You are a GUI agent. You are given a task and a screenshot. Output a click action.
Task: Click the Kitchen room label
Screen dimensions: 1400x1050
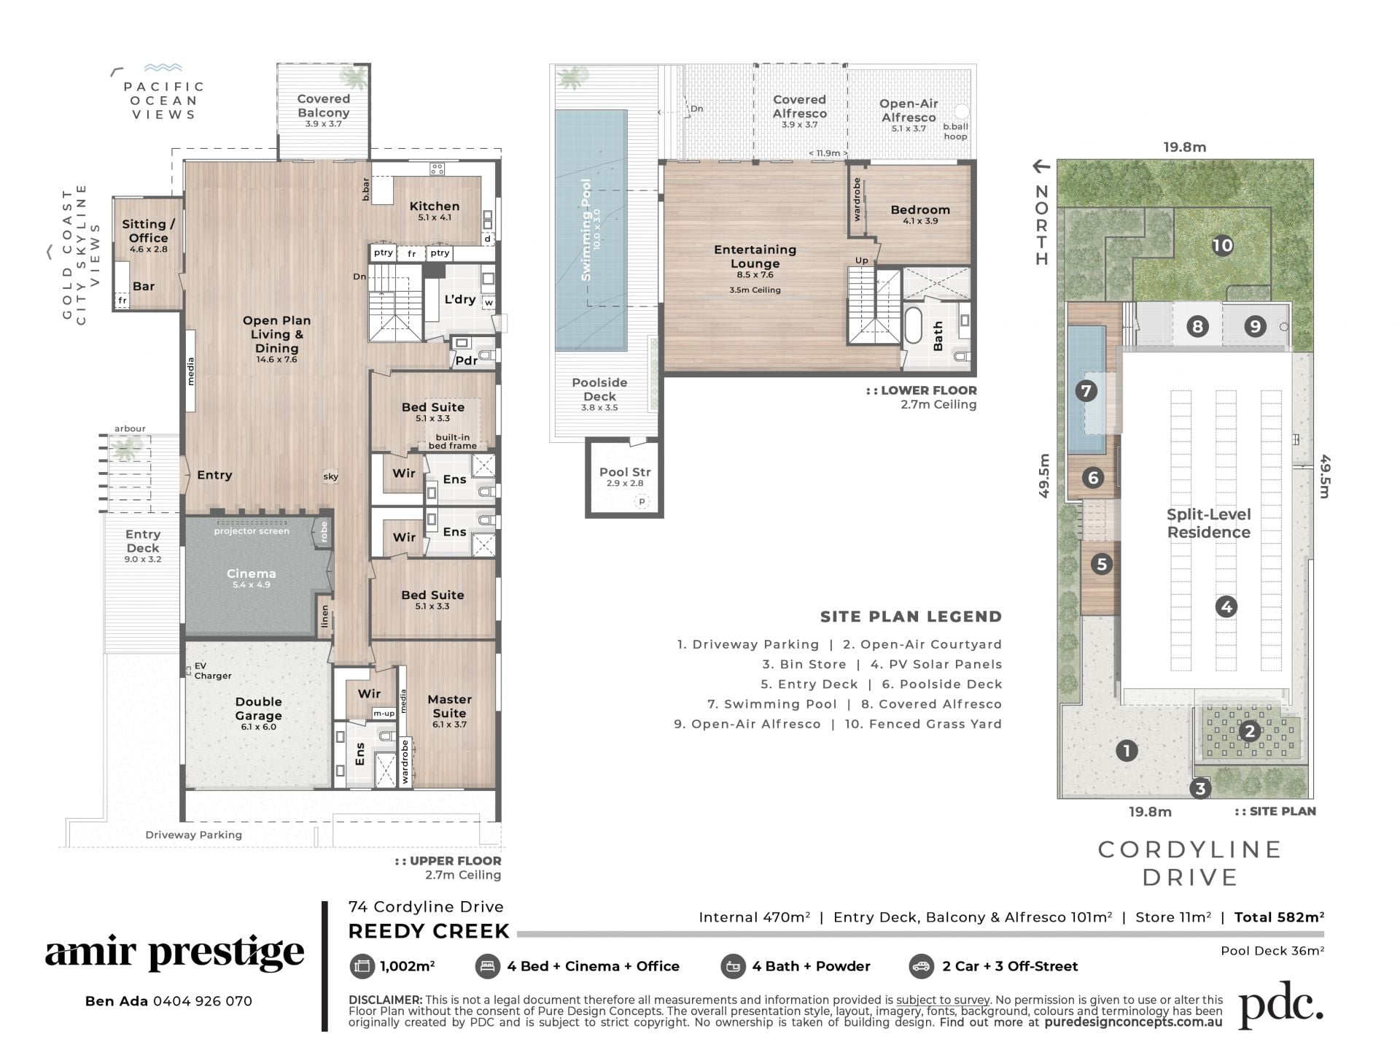[x=434, y=206]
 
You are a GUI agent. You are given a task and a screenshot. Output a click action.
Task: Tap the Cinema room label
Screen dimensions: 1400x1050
[x=251, y=574]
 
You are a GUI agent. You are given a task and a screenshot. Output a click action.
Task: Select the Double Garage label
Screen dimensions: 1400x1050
[x=258, y=709]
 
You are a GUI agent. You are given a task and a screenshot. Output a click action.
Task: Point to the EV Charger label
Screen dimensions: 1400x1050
[x=212, y=671]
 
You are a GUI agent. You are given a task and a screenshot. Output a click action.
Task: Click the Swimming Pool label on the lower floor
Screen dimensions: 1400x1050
[x=586, y=230]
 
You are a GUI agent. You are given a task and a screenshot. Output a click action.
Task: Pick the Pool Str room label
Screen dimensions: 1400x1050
[x=625, y=472]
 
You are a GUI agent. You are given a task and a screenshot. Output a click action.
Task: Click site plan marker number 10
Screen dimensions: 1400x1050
[x=1222, y=245]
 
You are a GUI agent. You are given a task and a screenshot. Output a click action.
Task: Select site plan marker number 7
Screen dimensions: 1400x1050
[x=1086, y=391]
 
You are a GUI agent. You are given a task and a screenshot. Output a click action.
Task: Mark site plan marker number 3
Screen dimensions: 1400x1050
[x=1199, y=788]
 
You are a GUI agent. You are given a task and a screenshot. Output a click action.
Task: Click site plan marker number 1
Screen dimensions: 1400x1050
[x=1127, y=750]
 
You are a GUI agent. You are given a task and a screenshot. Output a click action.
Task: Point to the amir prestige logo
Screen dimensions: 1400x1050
[x=174, y=952]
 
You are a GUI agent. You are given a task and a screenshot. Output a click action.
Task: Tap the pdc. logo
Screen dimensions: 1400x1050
[x=1281, y=1005]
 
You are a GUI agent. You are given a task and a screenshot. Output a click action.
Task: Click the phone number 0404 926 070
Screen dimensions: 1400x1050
[x=203, y=1001]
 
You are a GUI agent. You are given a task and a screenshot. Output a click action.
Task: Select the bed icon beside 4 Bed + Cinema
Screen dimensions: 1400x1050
[x=487, y=966]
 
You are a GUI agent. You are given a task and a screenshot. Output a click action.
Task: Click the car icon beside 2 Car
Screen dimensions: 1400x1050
[x=922, y=966]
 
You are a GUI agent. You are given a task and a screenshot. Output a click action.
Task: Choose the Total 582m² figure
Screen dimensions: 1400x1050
[x=1279, y=917]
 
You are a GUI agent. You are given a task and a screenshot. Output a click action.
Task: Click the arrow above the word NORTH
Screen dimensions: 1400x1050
[x=1041, y=166]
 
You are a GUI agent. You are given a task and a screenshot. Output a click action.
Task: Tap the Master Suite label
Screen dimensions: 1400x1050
[x=449, y=706]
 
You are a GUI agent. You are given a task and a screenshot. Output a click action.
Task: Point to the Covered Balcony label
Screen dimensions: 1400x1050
[x=323, y=105]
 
